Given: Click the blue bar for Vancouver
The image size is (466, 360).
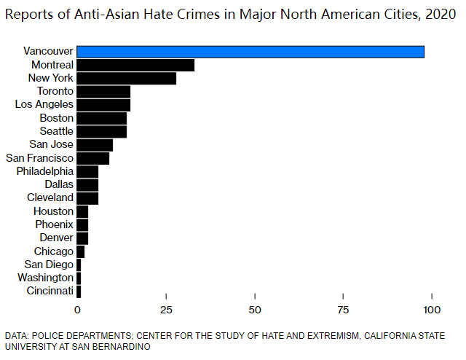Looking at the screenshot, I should click(x=250, y=52).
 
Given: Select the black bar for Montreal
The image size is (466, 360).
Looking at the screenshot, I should click(x=135, y=65).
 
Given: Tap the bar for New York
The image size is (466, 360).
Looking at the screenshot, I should click(x=126, y=78).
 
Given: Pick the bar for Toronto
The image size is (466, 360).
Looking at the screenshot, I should click(x=103, y=91).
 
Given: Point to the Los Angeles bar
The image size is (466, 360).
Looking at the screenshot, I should click(x=103, y=104).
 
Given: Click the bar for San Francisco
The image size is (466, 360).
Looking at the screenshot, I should click(x=92, y=157).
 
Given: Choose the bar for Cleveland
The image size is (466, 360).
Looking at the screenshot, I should click(x=87, y=197).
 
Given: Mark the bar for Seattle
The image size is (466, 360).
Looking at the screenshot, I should click(x=101, y=131).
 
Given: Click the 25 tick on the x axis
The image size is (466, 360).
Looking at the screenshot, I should click(x=166, y=308).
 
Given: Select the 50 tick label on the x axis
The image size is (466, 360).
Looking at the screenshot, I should click(x=255, y=308).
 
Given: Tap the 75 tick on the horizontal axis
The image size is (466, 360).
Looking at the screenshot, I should click(x=344, y=308).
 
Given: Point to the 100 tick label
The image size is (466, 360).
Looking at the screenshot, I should click(x=433, y=308).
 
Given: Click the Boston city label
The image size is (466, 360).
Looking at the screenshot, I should click(x=57, y=118).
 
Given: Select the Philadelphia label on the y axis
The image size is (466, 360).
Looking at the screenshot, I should click(x=45, y=171).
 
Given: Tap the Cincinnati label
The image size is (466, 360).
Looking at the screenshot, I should click(x=49, y=291).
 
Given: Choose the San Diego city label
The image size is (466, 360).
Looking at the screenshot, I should click(x=49, y=265).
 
